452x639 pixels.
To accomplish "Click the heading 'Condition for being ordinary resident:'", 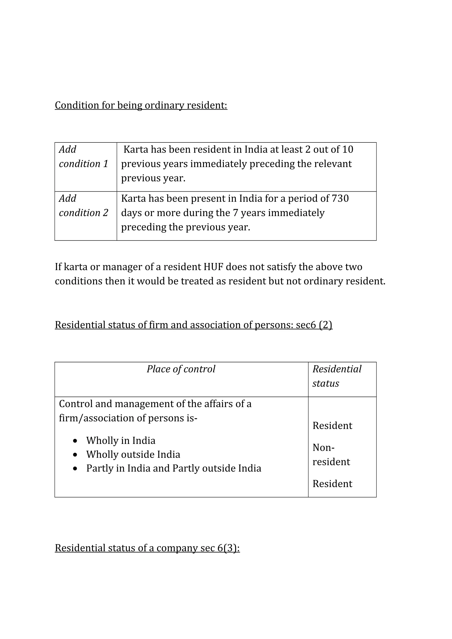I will click(141, 105).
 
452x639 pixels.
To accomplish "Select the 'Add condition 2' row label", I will click(83, 206).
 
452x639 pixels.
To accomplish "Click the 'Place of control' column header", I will click(181, 369).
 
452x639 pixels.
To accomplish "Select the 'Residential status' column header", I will click(337, 376).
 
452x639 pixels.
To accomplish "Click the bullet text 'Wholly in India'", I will click(121, 441).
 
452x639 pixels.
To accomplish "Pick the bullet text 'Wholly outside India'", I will click(133, 454).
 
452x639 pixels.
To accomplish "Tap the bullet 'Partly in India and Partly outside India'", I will click(173, 468).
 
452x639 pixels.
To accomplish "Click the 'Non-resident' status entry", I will click(331, 455).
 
